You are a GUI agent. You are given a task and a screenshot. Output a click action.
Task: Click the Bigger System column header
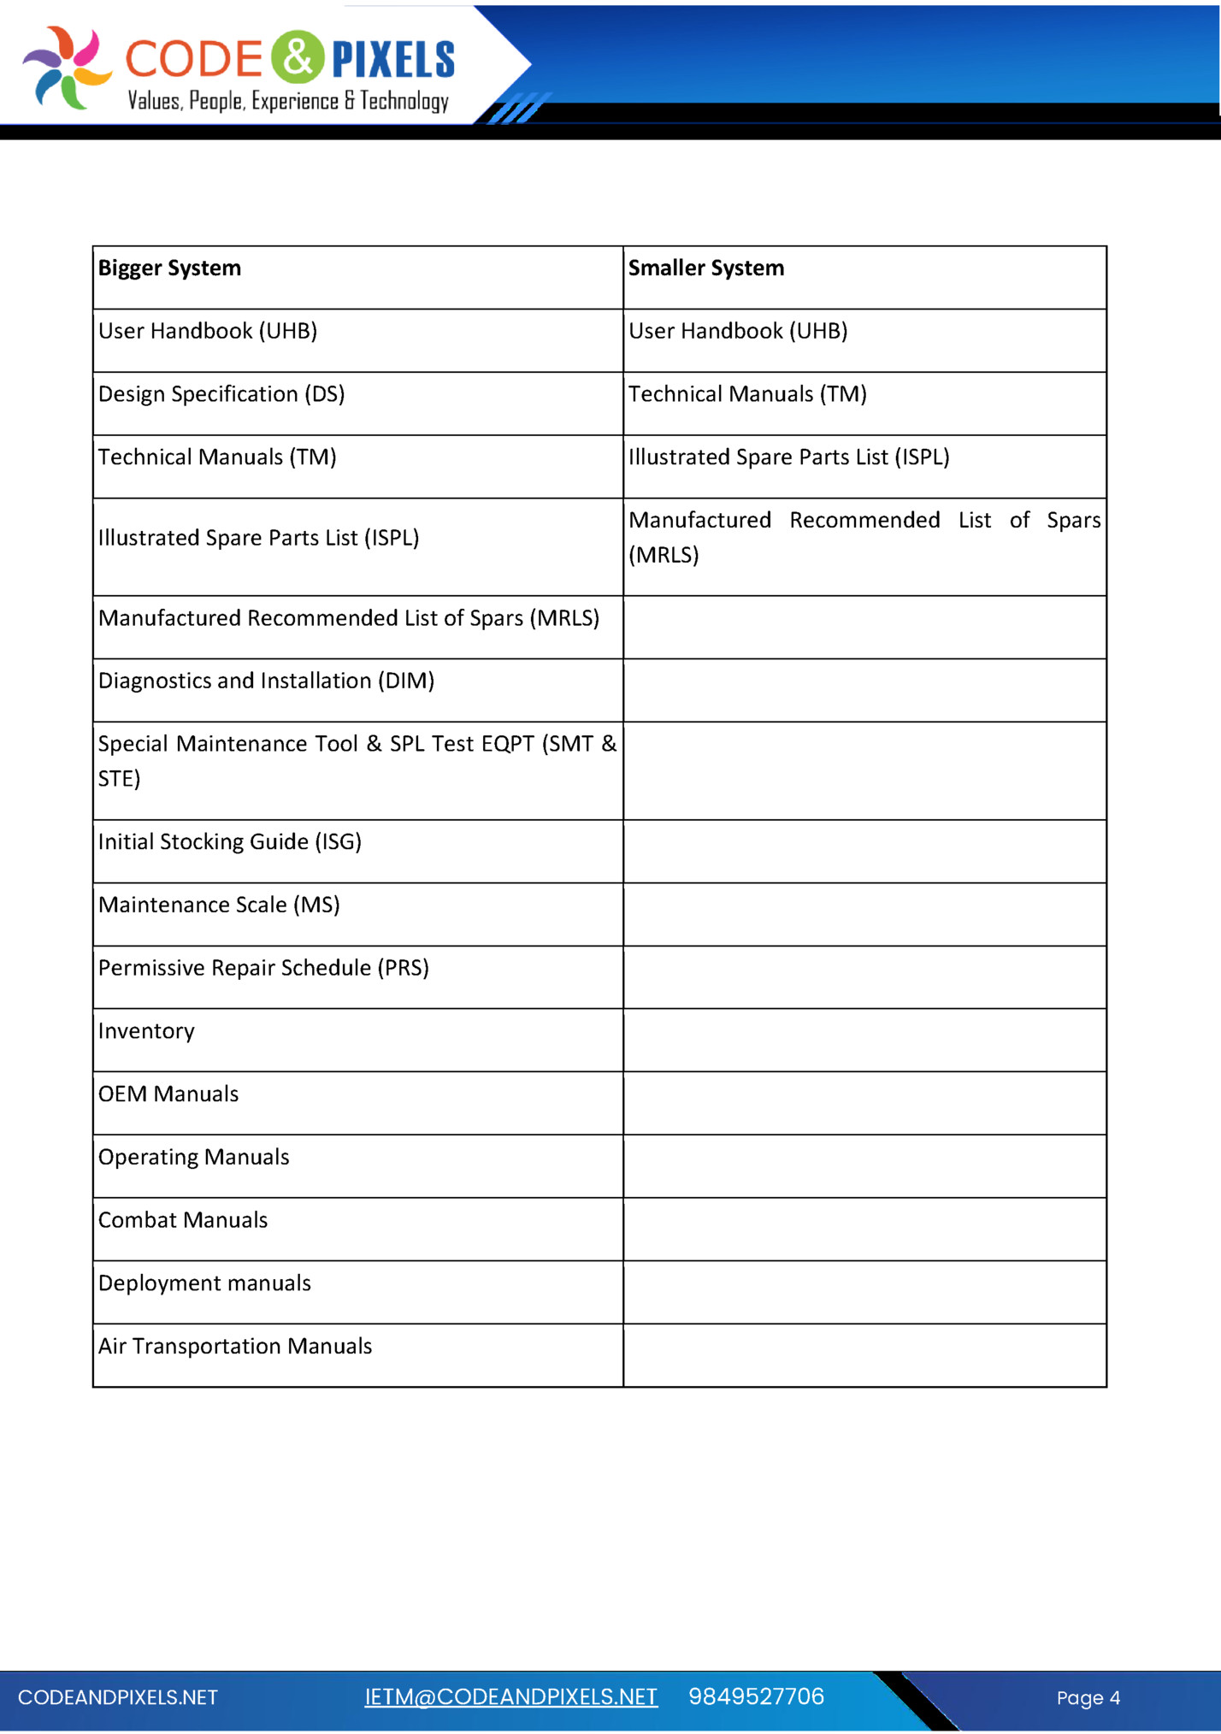[169, 268]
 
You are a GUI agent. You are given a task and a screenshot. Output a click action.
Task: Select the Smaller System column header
[705, 268]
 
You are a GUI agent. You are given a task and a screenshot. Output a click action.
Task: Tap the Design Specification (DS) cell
[221, 394]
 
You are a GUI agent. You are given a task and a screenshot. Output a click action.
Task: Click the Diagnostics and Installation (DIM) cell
[266, 681]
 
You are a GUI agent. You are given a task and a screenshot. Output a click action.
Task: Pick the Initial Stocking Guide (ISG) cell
[229, 842]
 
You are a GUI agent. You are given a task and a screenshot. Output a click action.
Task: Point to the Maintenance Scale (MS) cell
[219, 905]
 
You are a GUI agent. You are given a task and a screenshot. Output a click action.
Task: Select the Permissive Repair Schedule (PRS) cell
[263, 968]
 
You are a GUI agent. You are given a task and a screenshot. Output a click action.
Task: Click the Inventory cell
[146, 1031]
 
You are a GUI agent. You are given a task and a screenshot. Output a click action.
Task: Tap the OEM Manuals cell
[168, 1094]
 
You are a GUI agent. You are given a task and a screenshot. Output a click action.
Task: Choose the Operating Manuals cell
[193, 1158]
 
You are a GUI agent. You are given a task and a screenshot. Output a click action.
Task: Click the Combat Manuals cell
[183, 1220]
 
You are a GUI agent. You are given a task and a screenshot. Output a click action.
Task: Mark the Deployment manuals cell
[204, 1283]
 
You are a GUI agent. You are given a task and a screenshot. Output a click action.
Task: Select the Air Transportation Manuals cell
[235, 1347]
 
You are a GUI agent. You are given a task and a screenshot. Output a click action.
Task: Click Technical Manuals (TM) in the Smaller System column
[747, 394]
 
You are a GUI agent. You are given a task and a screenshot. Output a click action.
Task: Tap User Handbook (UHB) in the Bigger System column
[208, 331]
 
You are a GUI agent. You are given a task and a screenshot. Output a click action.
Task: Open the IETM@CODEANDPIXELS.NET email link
[510, 1697]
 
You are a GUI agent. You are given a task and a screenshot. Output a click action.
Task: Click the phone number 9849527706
[756, 1697]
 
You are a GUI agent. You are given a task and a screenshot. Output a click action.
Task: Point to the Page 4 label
[1088, 1698]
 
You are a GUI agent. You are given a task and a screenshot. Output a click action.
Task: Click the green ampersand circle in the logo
[298, 57]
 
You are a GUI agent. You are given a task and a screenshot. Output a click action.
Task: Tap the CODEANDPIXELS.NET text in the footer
[118, 1698]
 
